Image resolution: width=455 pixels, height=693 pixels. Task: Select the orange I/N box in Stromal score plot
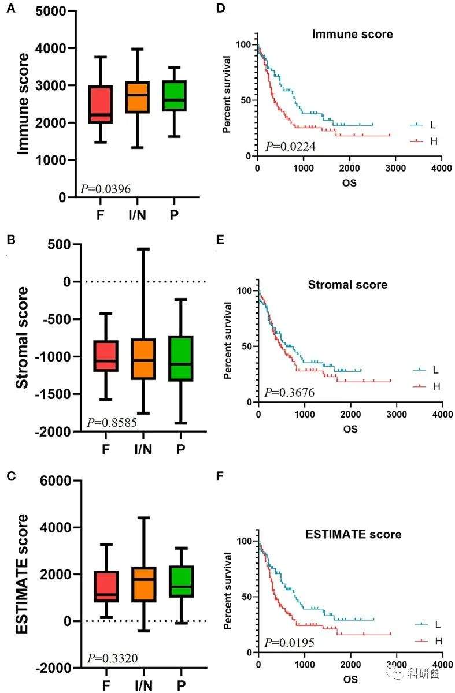pos(142,359)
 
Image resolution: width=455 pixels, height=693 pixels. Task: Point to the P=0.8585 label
pos(112,423)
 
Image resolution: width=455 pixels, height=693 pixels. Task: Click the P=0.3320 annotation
pos(112,658)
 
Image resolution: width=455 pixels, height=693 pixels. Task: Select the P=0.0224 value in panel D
pos(290,147)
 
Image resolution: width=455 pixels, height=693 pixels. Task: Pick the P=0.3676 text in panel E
pos(290,393)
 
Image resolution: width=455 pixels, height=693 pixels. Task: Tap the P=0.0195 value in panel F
pos(290,643)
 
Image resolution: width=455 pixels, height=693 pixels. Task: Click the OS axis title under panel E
pos(350,429)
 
